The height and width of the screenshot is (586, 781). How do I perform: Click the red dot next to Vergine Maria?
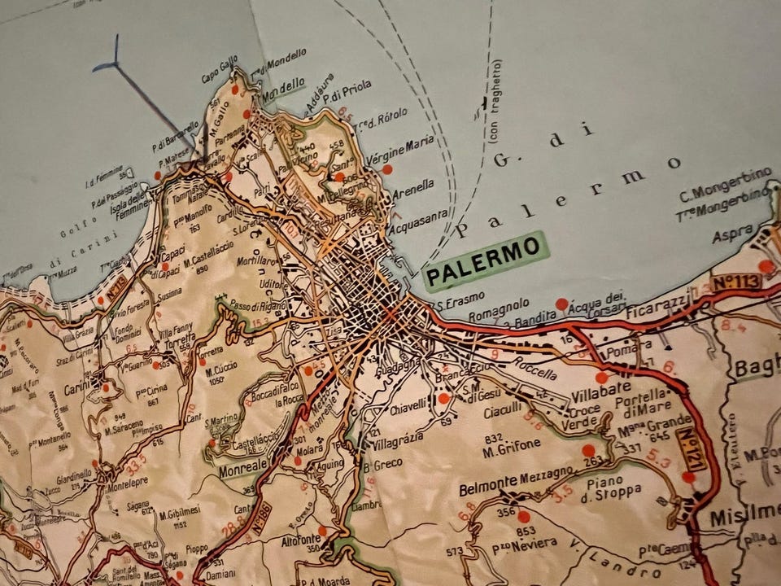pyautogui.click(x=387, y=169)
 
